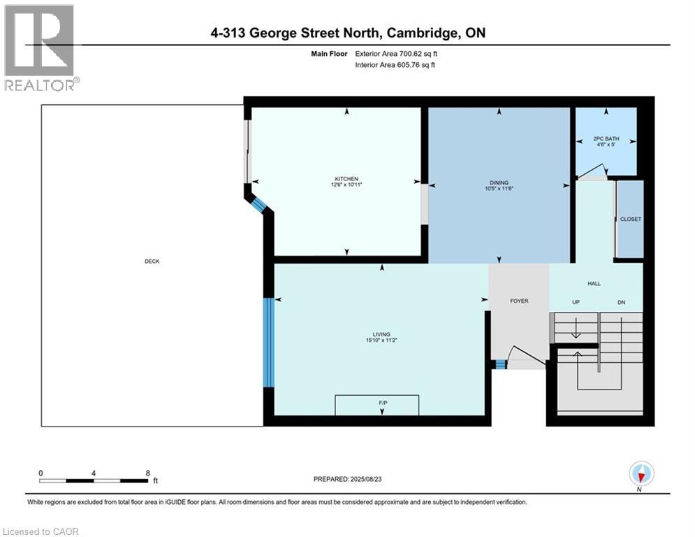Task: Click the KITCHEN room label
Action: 346,179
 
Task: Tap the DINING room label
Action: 499,183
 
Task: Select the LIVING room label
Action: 381,334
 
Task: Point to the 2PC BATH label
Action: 606,138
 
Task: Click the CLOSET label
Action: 630,220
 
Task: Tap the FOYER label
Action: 519,301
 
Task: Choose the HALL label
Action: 594,284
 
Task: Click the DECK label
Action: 152,262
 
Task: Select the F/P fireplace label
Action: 383,403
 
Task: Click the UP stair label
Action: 576,302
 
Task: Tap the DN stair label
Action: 622,302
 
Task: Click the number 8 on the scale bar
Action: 147,473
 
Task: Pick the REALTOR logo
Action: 41,48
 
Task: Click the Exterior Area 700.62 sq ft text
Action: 396,54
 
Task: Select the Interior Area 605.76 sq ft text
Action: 395,65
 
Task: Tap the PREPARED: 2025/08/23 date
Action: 348,479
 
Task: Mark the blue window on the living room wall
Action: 269,342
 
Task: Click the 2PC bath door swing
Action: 592,172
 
